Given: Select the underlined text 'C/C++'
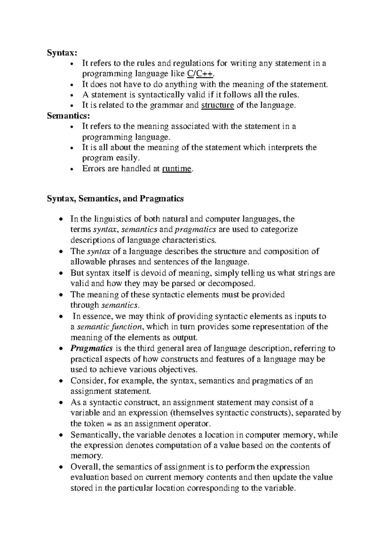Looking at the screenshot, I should click(x=201, y=74).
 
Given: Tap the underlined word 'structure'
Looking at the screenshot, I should click(x=218, y=105).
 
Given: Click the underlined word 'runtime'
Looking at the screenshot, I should click(x=177, y=169).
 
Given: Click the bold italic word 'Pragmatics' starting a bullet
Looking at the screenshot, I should click(x=91, y=349).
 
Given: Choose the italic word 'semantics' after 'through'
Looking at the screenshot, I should click(x=120, y=305).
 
